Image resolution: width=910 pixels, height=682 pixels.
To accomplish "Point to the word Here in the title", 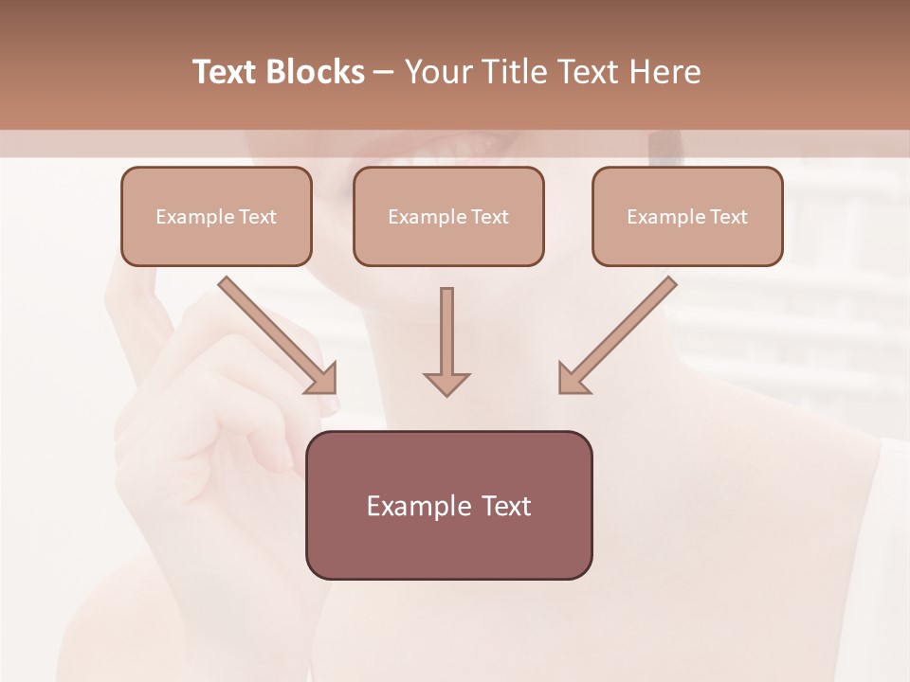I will pos(664,72).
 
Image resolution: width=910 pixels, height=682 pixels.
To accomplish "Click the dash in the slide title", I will pos(384,72).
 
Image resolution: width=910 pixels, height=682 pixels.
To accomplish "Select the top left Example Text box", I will pos(216,217).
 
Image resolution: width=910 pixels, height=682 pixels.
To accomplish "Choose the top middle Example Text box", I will pos(448,217).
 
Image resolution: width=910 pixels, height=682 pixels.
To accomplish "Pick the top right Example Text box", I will pos(687,217).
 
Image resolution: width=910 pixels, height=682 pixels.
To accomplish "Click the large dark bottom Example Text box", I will pos(449,506).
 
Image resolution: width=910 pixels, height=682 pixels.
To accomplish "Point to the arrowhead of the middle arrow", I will pos(446,384).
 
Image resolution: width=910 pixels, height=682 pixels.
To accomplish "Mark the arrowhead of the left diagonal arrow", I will pos(322,378).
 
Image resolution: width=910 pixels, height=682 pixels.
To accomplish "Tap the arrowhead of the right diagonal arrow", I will pos(572,378).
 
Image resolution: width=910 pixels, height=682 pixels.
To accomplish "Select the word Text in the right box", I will pos(729,217).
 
